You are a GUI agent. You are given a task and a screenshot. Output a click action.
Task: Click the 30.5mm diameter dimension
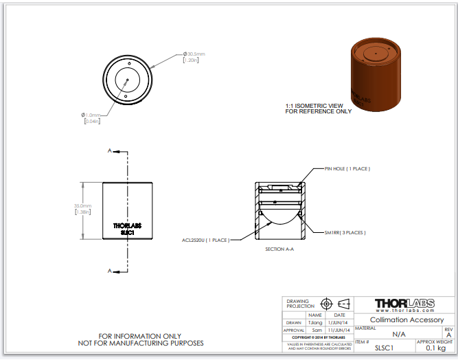(x=194, y=54)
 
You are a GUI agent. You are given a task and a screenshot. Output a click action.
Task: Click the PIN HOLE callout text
(x=347, y=168)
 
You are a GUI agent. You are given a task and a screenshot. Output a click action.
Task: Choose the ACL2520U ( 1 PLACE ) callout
(x=205, y=240)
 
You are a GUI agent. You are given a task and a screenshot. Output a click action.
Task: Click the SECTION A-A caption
(x=279, y=250)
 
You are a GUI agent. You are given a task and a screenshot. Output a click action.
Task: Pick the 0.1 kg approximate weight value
(x=435, y=348)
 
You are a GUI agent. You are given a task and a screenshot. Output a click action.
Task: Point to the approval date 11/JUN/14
(x=339, y=330)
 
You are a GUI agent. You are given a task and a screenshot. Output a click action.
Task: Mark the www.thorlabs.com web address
(x=406, y=311)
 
